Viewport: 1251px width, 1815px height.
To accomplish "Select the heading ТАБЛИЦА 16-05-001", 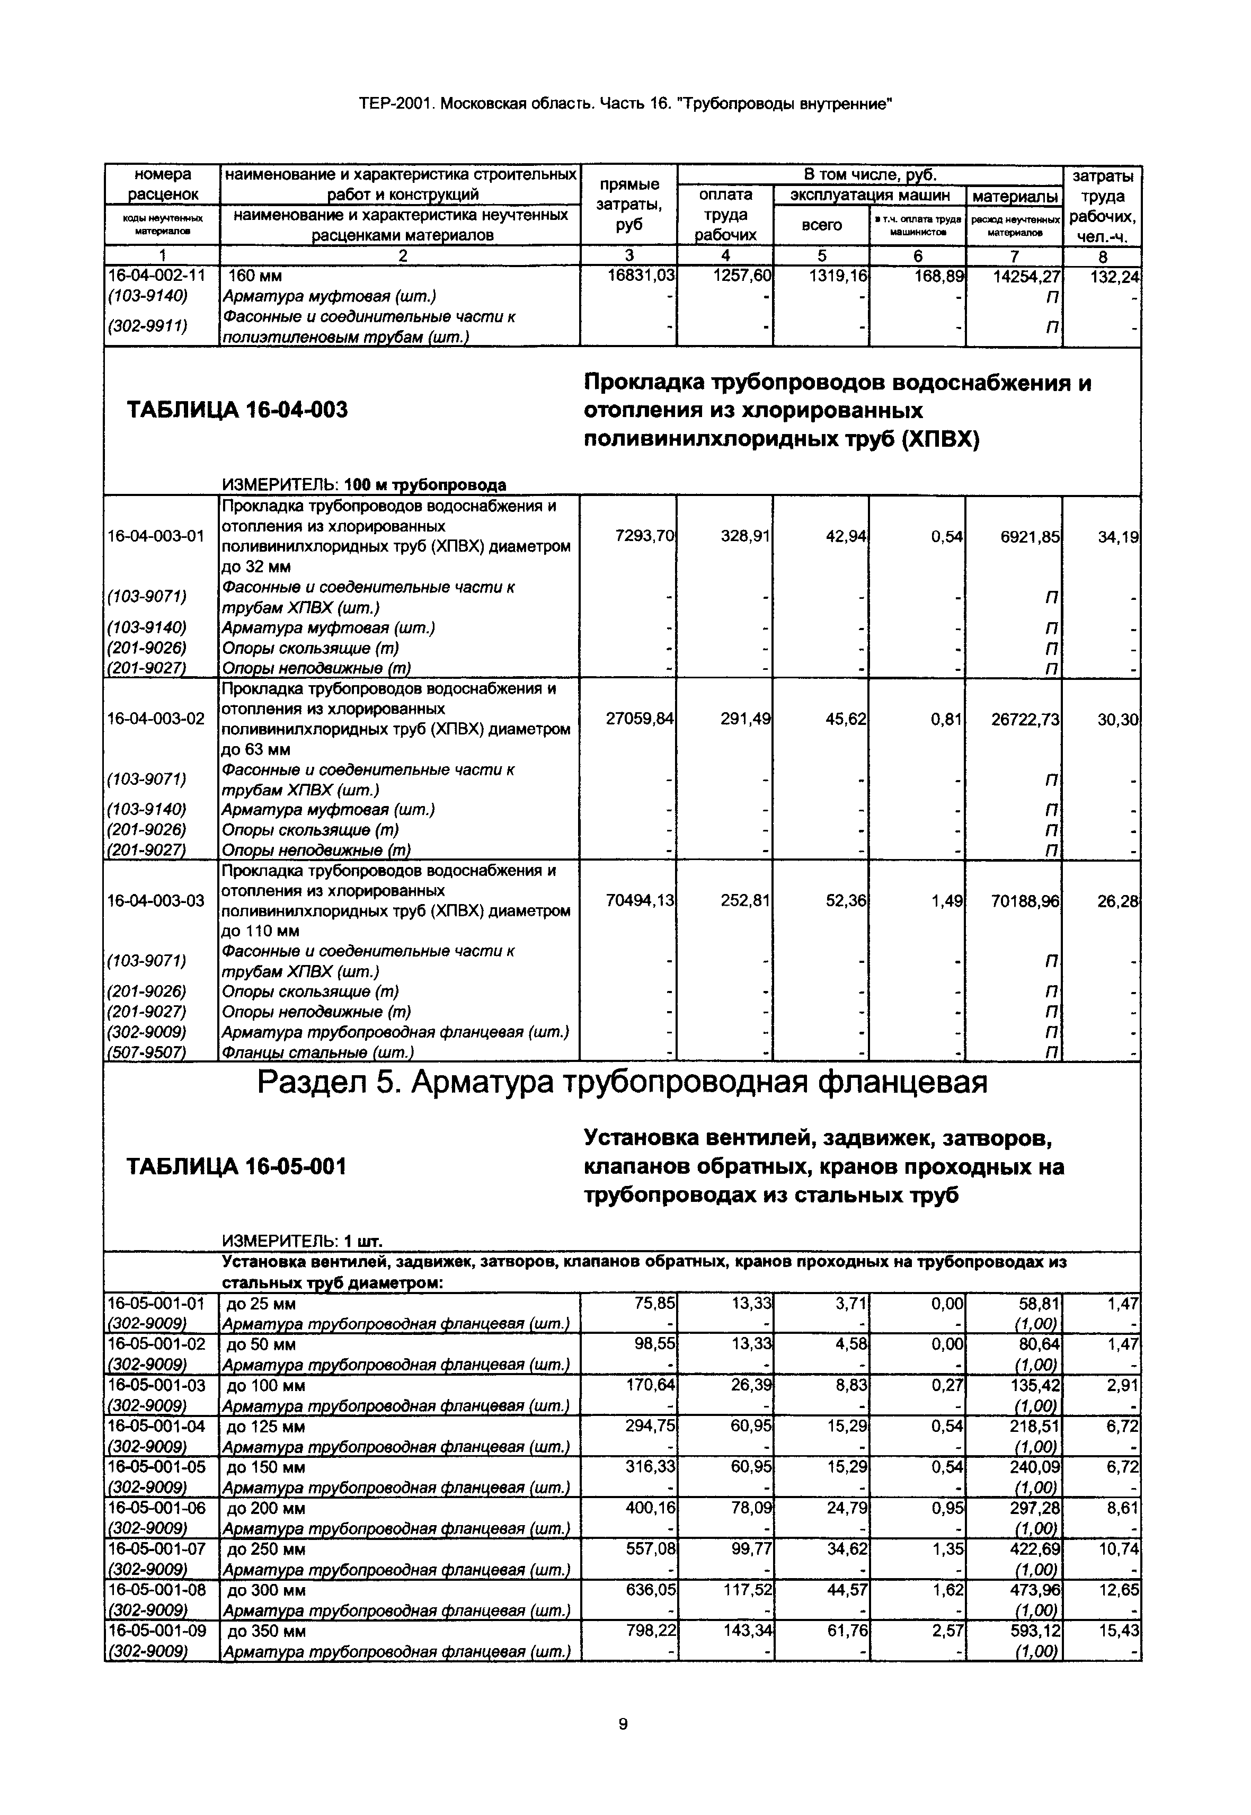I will coord(237,1167).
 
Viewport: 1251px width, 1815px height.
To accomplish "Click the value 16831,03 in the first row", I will coord(641,276).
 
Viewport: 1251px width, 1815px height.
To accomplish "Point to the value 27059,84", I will coord(640,718).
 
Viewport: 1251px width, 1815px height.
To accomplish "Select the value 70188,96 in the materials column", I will coord(1025,901).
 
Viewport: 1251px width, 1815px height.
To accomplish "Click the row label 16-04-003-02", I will coord(155,718).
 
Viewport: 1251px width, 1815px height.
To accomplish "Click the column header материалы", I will coord(1014,194).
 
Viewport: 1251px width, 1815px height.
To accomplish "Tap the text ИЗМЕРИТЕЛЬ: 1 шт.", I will coord(303,1241).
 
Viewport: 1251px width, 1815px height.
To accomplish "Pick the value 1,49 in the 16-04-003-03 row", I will coord(947,901).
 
